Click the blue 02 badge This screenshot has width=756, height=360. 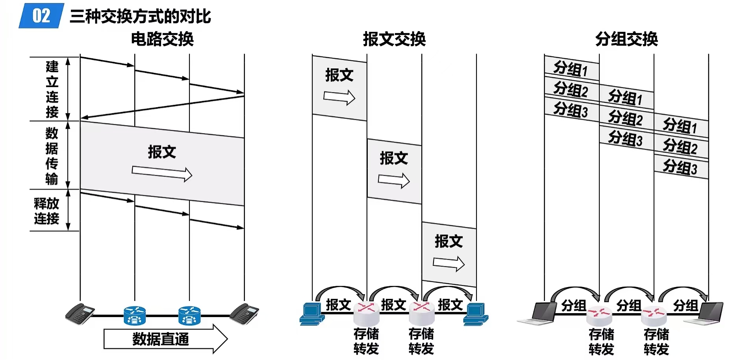[x=41, y=16]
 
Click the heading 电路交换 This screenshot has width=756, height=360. [x=162, y=39]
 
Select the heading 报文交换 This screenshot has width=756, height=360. [x=394, y=39]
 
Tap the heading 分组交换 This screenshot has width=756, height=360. [x=626, y=39]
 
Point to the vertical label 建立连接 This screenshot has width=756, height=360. [x=52, y=89]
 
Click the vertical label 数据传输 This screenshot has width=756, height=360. [x=52, y=156]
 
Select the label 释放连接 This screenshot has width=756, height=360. [x=46, y=211]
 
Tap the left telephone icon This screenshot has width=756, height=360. [x=80, y=314]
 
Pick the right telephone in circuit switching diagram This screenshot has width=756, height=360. [x=244, y=314]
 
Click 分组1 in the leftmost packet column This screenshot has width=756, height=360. [x=571, y=69]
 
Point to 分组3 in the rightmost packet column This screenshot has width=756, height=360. [x=680, y=167]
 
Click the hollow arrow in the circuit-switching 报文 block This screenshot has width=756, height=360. [x=162, y=173]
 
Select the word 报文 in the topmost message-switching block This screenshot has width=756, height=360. [x=339, y=75]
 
